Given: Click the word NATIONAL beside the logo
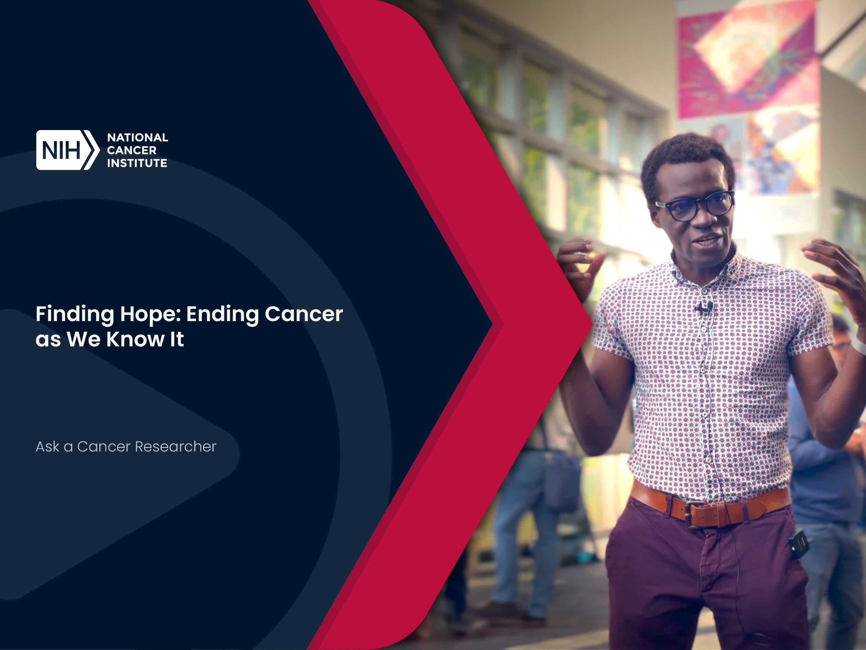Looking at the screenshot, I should [137, 138].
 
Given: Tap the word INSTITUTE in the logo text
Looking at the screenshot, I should [137, 163].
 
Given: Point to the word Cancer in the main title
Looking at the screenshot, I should [304, 314].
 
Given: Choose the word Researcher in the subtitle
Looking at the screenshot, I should [175, 447].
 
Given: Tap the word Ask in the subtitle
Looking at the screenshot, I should [47, 447].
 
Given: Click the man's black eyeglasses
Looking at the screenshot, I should [694, 205].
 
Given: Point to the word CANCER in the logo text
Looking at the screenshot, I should [132, 150].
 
